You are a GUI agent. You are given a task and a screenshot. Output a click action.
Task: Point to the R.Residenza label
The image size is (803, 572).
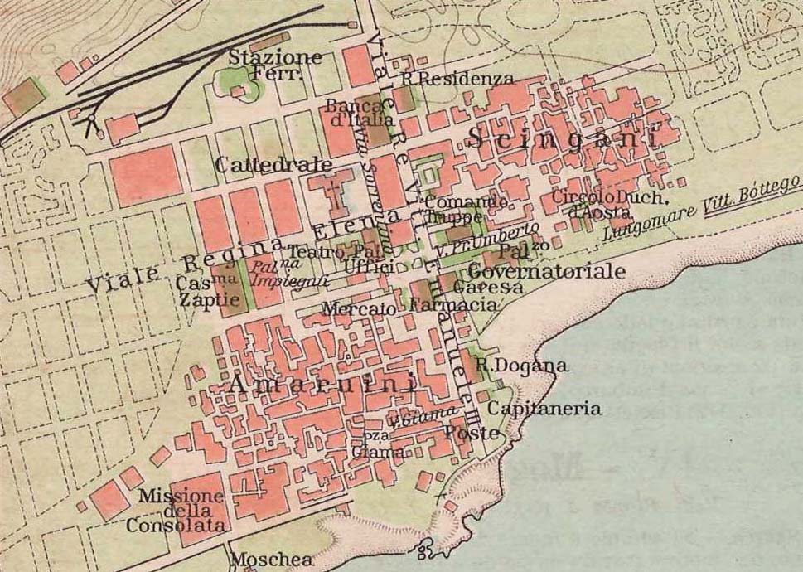pos(457,80)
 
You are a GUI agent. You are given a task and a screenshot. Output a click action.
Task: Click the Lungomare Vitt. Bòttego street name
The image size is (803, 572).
pos(701,208)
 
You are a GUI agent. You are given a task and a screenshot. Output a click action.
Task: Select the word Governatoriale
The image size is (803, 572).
pos(546,271)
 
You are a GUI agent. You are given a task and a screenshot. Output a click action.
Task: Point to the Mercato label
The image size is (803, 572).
pos(360,308)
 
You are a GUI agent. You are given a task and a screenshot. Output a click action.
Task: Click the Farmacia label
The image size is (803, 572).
pos(453,305)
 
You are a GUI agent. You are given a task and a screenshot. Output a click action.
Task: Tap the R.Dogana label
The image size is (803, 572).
pos(522,366)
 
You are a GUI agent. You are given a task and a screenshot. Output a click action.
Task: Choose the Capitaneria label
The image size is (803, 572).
pos(544,409)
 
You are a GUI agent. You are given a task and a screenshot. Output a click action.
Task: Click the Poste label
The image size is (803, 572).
pos(472,433)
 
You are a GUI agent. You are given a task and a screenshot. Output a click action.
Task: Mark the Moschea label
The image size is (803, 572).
pos(272,560)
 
